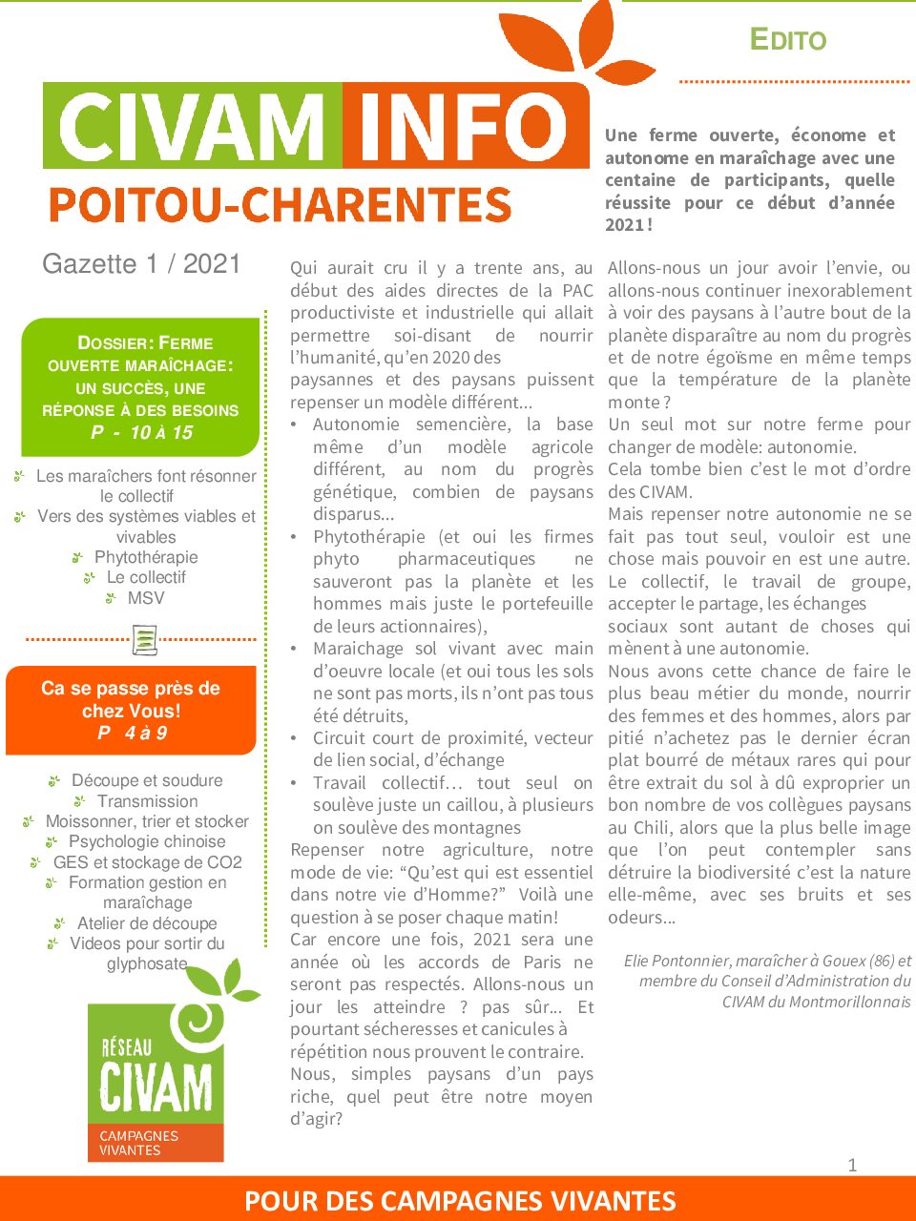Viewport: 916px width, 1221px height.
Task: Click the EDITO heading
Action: tap(787, 39)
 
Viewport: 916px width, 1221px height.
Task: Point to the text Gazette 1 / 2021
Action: tap(141, 264)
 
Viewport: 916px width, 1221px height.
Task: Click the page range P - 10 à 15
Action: tap(141, 433)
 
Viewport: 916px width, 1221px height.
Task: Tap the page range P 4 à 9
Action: tap(132, 733)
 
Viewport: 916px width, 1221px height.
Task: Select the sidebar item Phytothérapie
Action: tap(146, 557)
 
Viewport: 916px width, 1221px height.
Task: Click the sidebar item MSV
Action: tap(146, 598)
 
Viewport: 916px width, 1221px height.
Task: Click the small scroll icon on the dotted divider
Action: tap(144, 639)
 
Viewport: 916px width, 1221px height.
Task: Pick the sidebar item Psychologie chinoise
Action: tap(147, 841)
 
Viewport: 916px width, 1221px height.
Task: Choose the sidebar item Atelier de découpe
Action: tap(147, 923)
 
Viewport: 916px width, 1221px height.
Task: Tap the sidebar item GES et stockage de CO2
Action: tap(147, 862)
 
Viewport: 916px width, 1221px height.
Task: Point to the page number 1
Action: tap(852, 1164)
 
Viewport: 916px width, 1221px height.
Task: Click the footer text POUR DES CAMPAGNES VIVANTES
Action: tap(460, 1201)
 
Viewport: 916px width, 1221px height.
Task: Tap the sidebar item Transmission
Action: tap(147, 801)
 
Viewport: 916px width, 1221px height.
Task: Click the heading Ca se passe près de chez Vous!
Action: tap(131, 699)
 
